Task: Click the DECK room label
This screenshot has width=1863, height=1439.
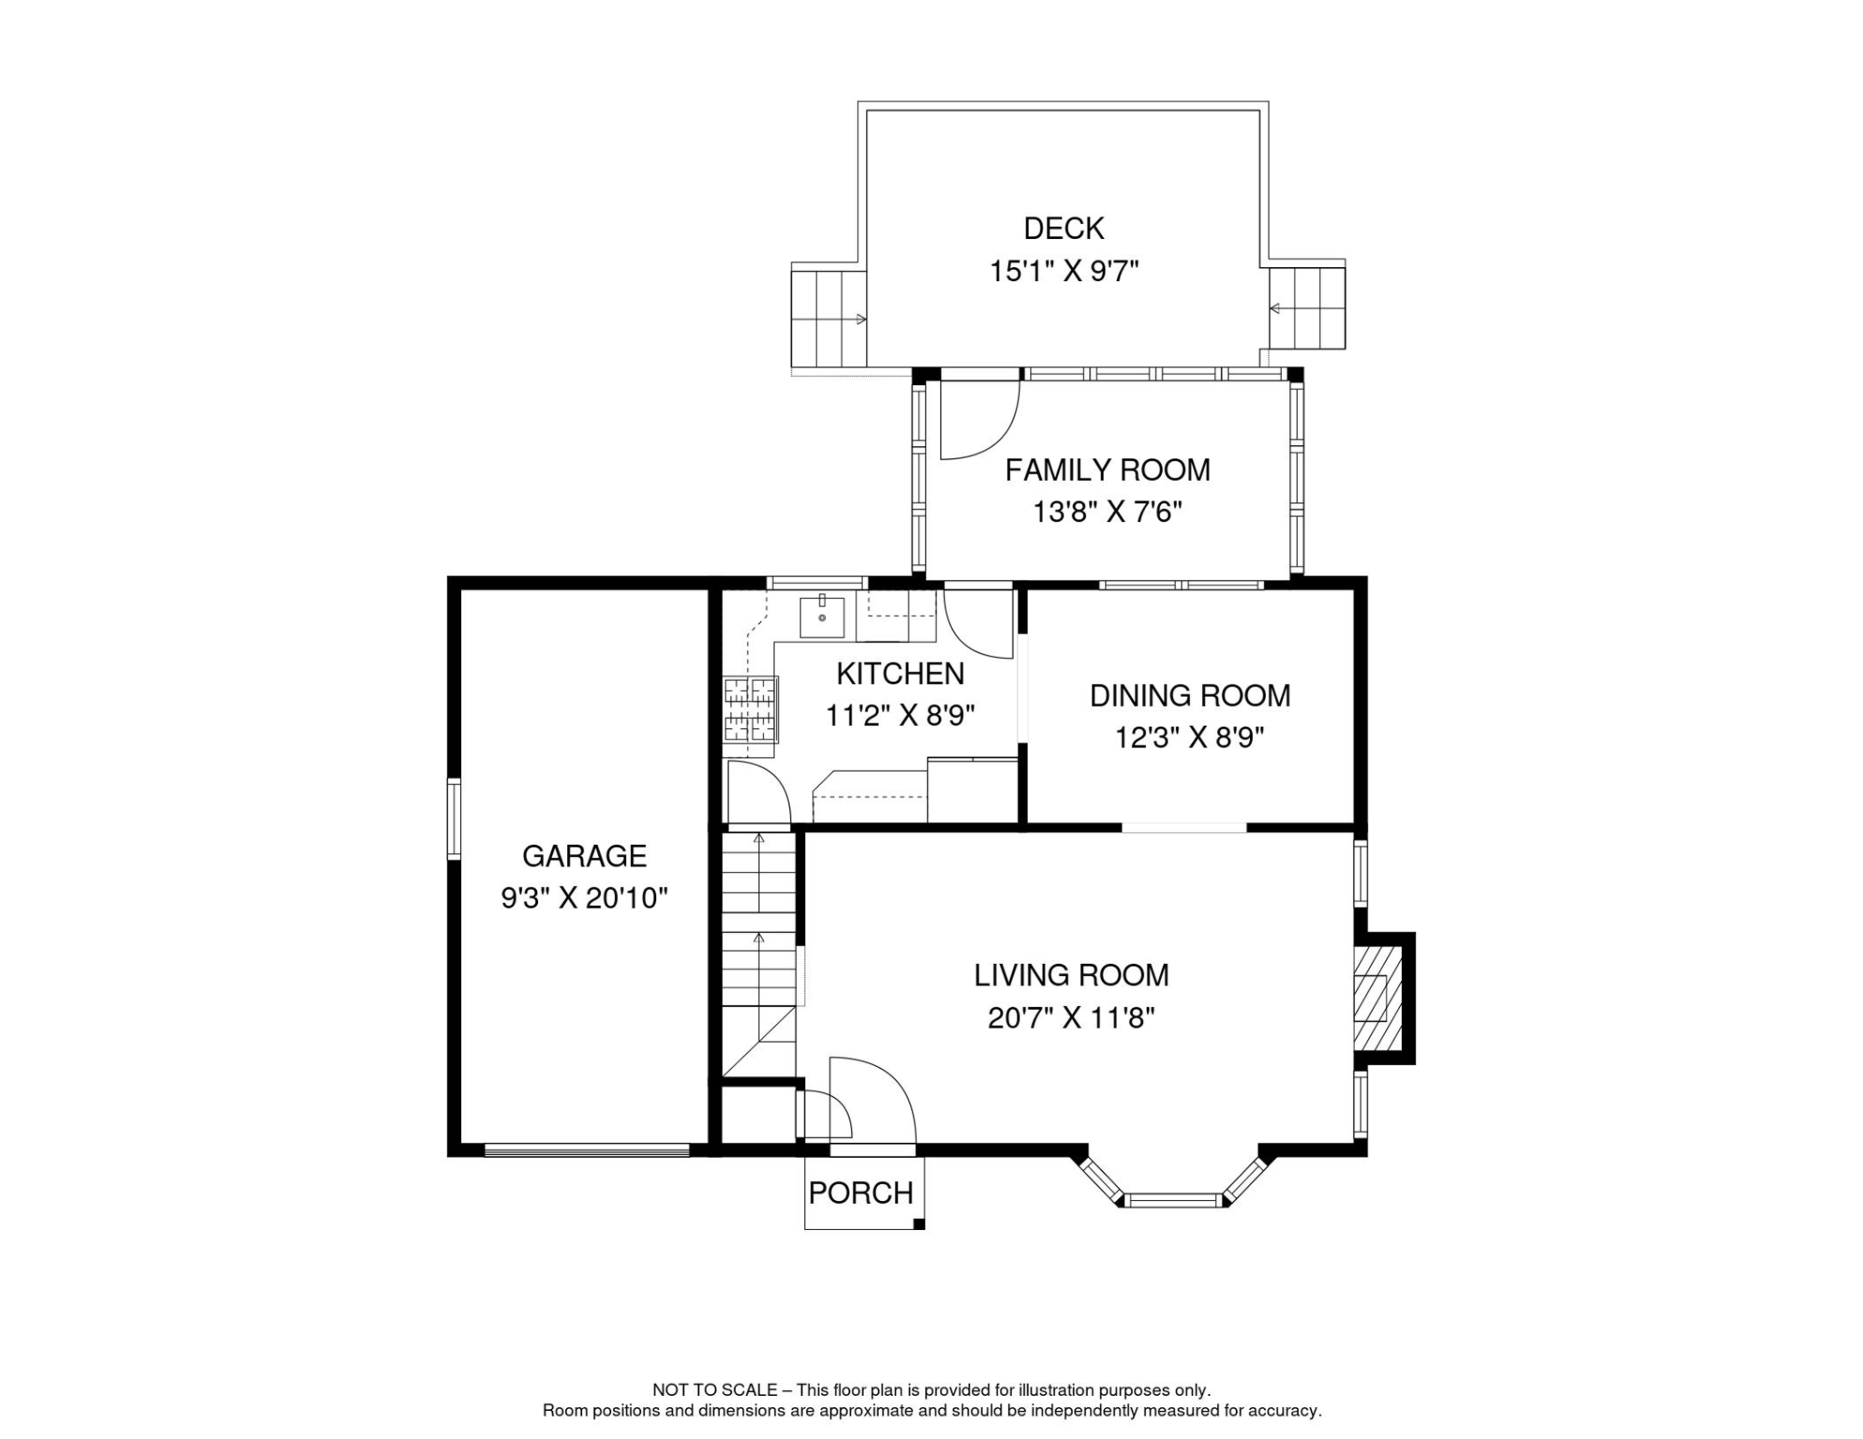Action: [x=1064, y=229]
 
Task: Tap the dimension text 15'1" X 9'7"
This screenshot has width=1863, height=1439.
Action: [x=1064, y=272]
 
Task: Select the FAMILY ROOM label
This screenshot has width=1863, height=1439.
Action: [x=1108, y=470]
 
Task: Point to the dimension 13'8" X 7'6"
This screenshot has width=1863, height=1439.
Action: [x=1108, y=512]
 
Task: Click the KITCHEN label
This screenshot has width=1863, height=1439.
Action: [x=901, y=674]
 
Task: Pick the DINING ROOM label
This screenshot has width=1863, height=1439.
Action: [x=1190, y=696]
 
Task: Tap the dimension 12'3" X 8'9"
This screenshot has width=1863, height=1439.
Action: [x=1190, y=738]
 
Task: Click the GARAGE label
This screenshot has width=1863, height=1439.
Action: [x=585, y=856]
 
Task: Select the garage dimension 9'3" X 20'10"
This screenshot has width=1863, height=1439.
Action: [x=585, y=898]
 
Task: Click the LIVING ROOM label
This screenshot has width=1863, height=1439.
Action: [x=1071, y=975]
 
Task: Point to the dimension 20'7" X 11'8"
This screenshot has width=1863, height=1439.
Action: [x=1071, y=1018]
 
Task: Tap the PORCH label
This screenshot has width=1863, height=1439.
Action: [x=861, y=1194]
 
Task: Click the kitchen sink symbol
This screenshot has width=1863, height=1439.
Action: [x=822, y=616]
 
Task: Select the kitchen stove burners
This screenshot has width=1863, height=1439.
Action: [x=751, y=709]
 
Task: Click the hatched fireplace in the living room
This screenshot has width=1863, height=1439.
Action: [x=1378, y=999]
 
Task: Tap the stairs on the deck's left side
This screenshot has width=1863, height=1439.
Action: [x=828, y=319]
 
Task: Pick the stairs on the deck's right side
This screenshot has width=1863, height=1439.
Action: [x=1307, y=308]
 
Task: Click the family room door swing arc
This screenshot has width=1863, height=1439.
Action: [x=996, y=438]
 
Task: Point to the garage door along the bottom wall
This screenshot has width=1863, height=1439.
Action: [x=588, y=1150]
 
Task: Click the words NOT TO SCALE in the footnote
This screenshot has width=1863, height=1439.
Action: [x=715, y=1390]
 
